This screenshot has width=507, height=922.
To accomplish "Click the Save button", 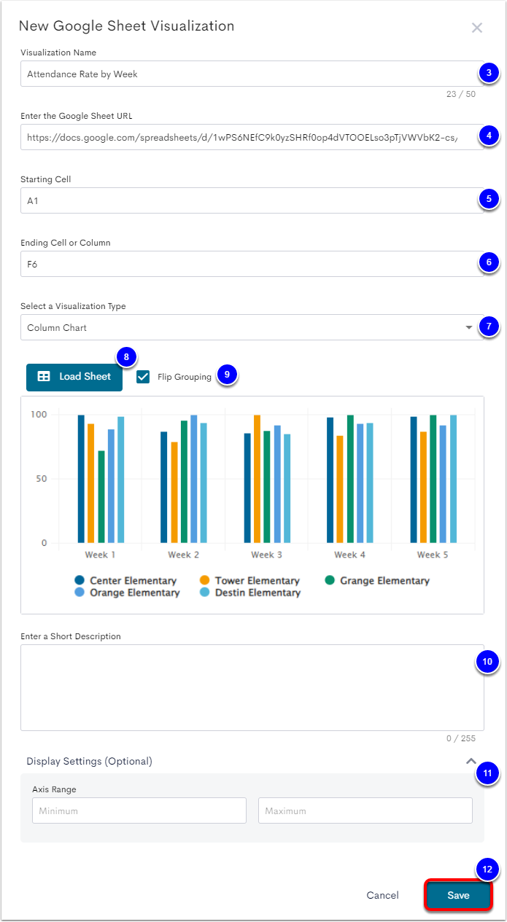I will (x=458, y=895).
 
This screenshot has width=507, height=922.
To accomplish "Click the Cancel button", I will (x=382, y=895).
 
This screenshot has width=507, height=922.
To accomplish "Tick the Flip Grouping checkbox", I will (x=143, y=377).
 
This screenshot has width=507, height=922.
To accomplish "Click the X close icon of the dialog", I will (x=477, y=28).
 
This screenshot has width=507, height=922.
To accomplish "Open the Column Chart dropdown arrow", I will (x=468, y=328).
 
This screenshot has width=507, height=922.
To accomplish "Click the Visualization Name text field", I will (x=248, y=74).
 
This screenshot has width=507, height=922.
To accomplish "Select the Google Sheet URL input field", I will (x=248, y=137).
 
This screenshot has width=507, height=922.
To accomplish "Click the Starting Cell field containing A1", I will (x=248, y=200).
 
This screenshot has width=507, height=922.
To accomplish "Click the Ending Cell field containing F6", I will (x=248, y=264).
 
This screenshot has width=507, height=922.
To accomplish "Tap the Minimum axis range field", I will (x=139, y=810).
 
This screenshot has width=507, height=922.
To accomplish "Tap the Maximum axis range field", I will (x=365, y=810).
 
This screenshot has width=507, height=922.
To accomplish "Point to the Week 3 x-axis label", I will (x=263, y=555).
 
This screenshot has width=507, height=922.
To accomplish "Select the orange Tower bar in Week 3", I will (x=257, y=479).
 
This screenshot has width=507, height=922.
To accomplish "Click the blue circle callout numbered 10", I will (x=487, y=662).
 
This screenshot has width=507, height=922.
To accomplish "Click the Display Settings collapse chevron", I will (x=471, y=760).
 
